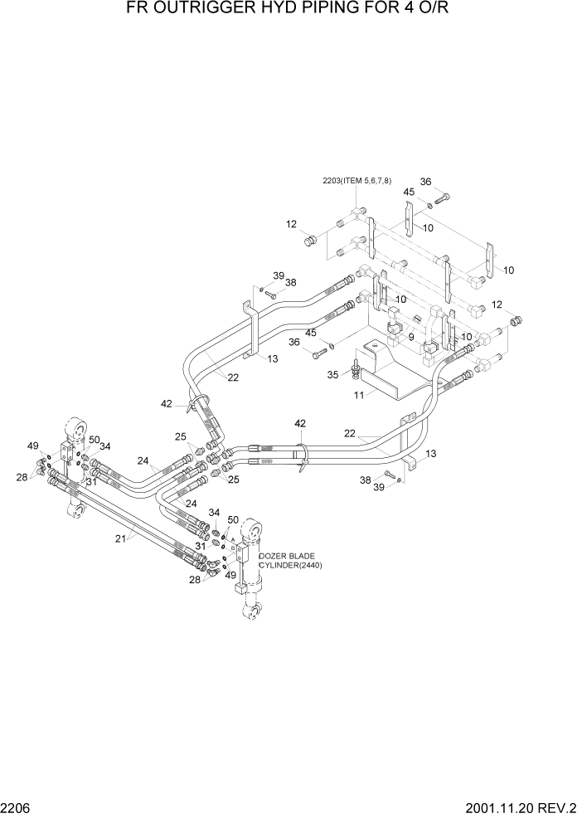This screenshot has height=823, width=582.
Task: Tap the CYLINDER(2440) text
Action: coord(290,565)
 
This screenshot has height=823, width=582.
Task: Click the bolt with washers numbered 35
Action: coord(356,364)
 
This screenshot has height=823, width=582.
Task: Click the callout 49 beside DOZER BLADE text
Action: coord(230,575)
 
